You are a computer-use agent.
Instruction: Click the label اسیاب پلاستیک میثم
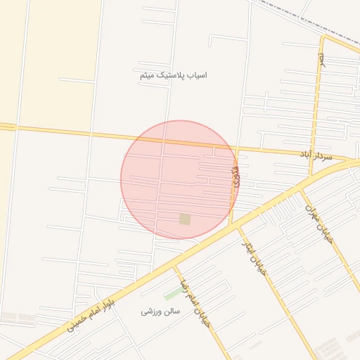(x=173, y=75)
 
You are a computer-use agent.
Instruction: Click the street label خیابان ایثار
(x=255, y=261)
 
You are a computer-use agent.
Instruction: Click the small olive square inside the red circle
(x=185, y=219)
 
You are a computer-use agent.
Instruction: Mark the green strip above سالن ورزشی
(x=172, y=293)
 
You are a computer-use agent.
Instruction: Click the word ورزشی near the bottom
(x=152, y=311)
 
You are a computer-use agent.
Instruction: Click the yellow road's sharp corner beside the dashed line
(x=323, y=36)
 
